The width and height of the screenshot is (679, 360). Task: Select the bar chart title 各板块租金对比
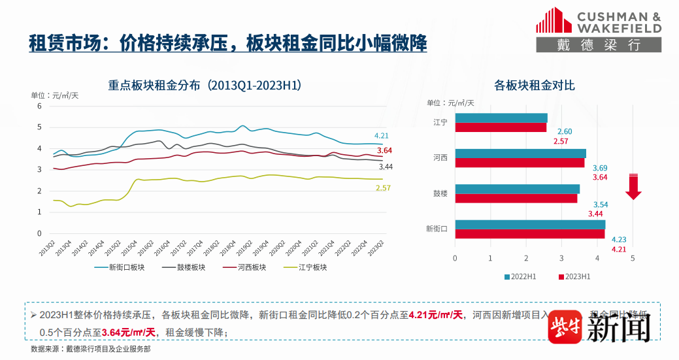534,86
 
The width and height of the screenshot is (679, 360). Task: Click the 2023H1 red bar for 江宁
501,127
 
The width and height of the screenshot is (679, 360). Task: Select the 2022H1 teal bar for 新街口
530,224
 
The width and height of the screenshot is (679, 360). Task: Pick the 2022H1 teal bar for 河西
520,154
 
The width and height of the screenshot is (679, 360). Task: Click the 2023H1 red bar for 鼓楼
516,198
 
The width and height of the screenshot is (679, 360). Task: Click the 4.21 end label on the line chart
382,136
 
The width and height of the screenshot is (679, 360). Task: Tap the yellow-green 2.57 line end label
383,188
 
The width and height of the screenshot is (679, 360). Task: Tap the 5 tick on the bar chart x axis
632,258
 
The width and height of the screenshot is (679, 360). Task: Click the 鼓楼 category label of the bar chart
440,193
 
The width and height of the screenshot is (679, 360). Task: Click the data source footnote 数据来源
90,349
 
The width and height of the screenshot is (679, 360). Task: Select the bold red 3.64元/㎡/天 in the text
129,333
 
